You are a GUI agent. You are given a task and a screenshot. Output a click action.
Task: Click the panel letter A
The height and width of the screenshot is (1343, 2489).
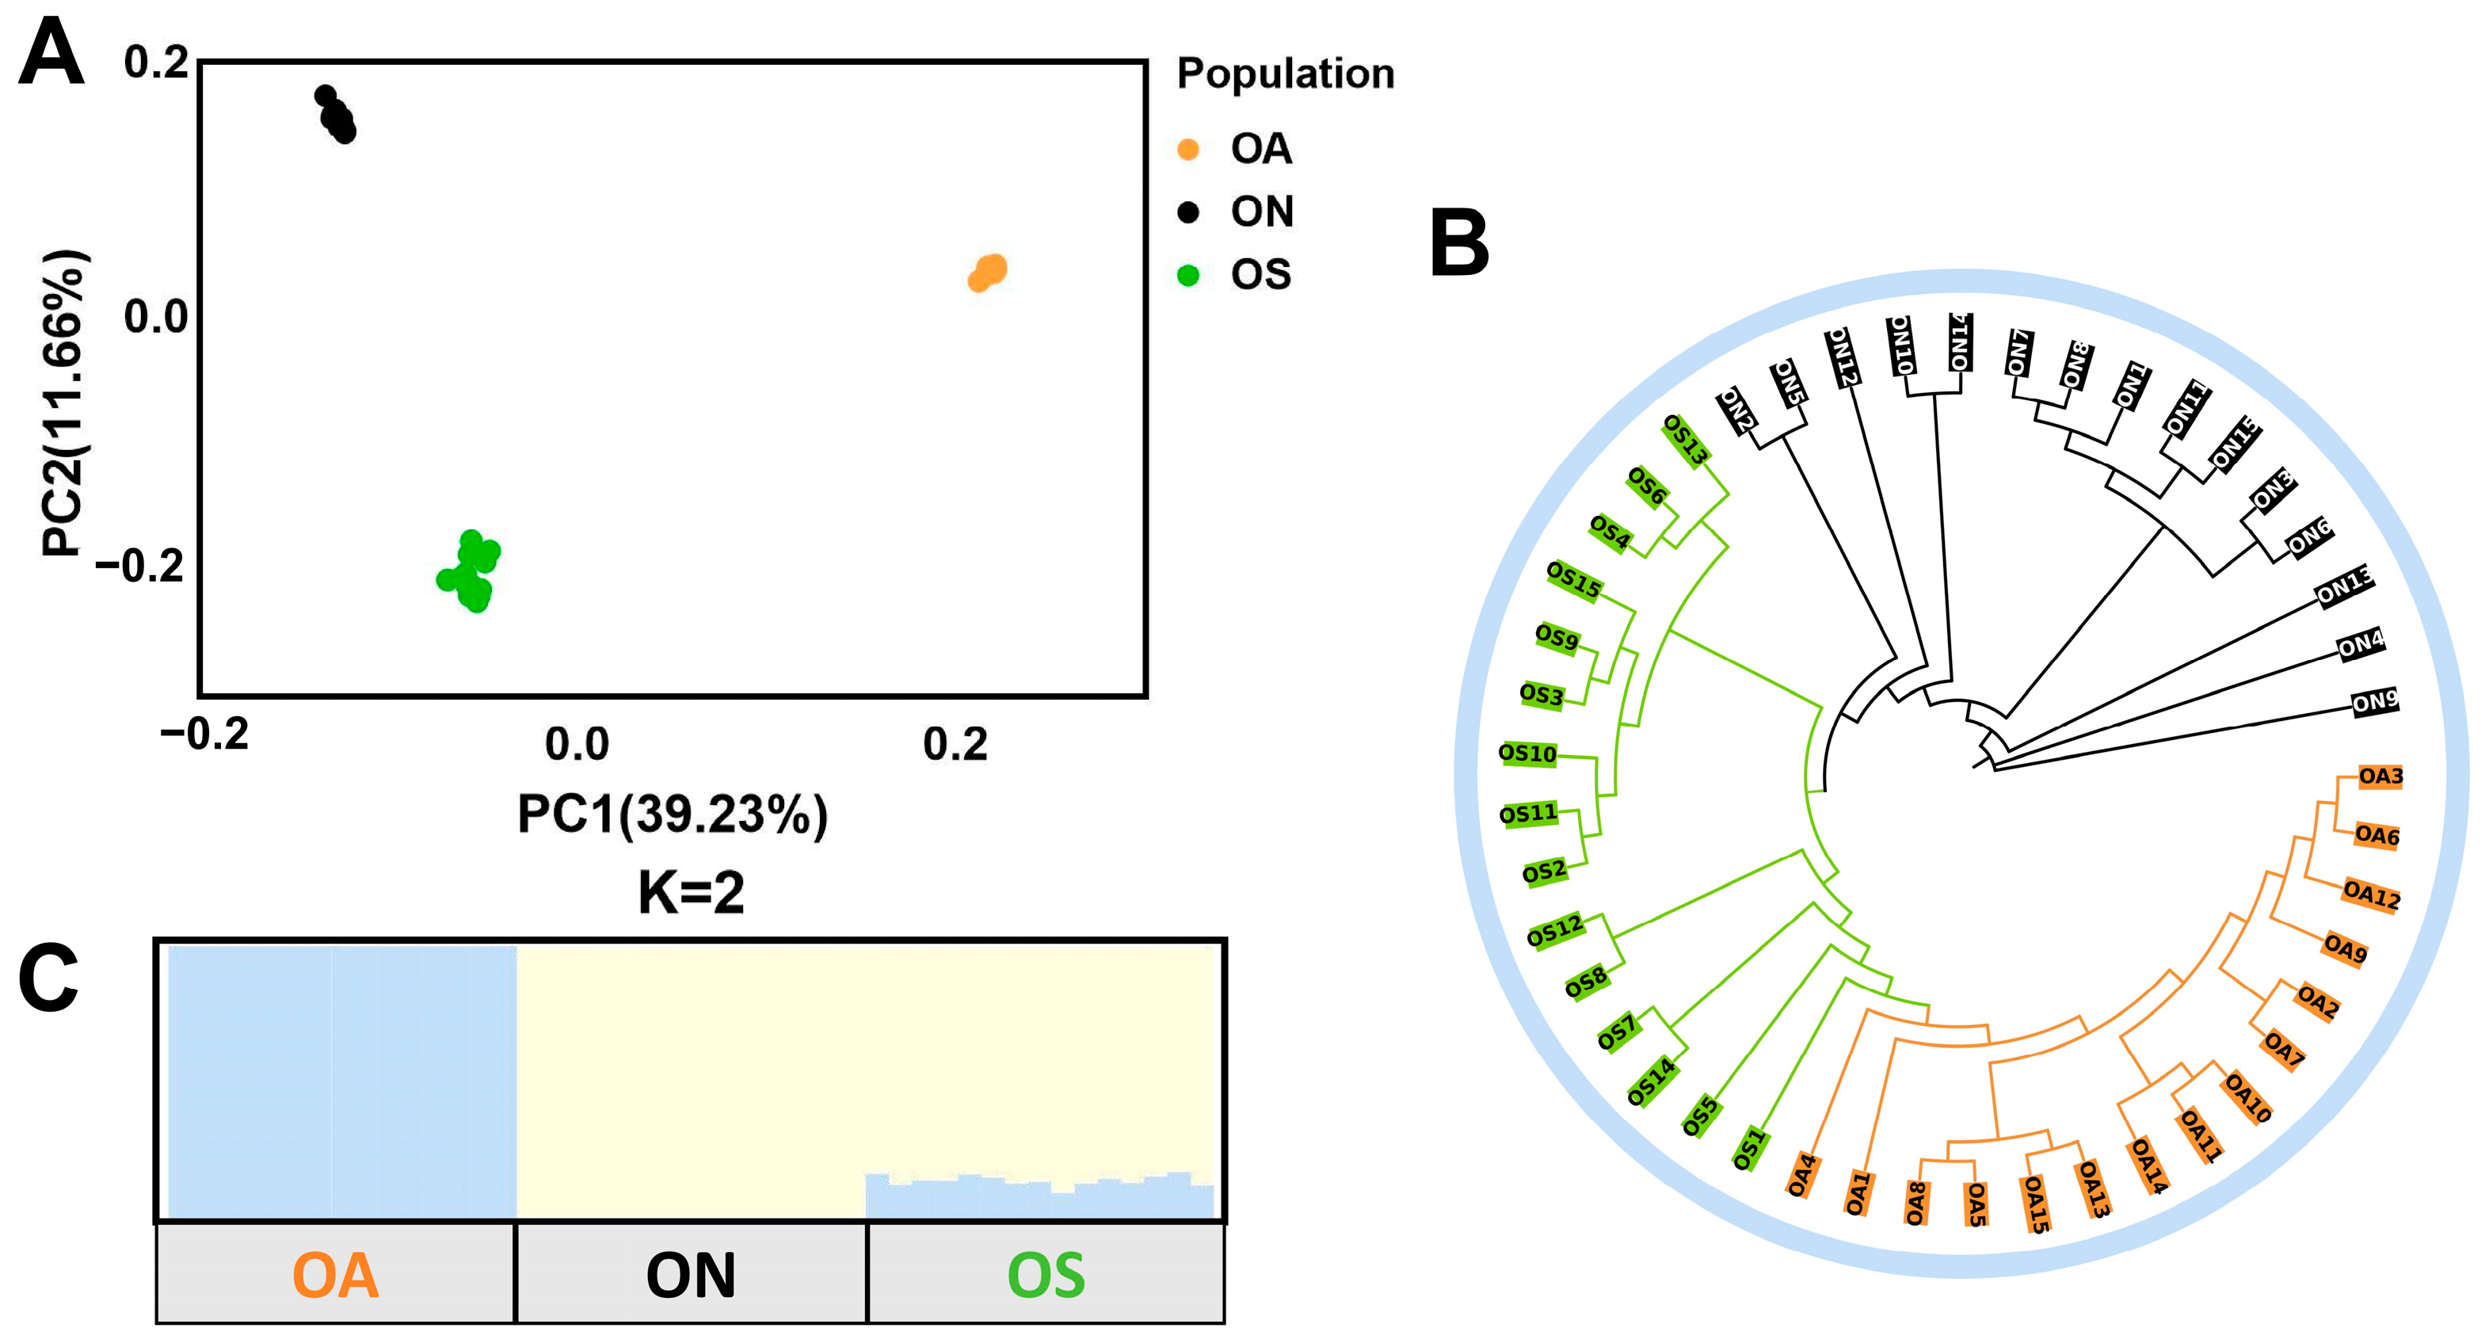coord(50,55)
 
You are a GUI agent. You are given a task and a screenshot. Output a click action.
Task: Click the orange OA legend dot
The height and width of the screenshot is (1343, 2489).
coord(1188,149)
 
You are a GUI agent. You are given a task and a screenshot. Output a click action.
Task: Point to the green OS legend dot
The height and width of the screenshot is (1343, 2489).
coord(1188,276)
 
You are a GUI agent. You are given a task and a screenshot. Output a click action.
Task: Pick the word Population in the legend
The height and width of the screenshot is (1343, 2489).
coord(1285,74)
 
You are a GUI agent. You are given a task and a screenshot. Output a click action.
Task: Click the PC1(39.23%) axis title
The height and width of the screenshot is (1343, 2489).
coord(673,814)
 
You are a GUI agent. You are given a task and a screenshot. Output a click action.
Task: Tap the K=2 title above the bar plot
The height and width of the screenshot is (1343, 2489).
coord(691,892)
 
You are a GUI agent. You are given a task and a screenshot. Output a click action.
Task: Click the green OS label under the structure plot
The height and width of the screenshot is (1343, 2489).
coord(1046,1276)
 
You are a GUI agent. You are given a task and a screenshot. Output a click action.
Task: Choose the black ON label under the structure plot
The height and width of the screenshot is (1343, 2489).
coord(690,1276)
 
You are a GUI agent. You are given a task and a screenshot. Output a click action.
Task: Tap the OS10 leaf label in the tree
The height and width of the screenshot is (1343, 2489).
coord(1527,754)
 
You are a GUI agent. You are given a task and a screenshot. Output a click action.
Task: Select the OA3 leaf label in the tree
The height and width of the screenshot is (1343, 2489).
coord(2380,776)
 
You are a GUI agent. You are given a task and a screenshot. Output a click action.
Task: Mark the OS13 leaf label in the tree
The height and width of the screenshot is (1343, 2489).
coord(1685,441)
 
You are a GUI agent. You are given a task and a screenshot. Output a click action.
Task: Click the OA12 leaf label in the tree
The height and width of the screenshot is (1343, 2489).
coord(2371,895)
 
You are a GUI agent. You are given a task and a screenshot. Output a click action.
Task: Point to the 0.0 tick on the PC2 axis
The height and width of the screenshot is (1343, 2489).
coord(155,317)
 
